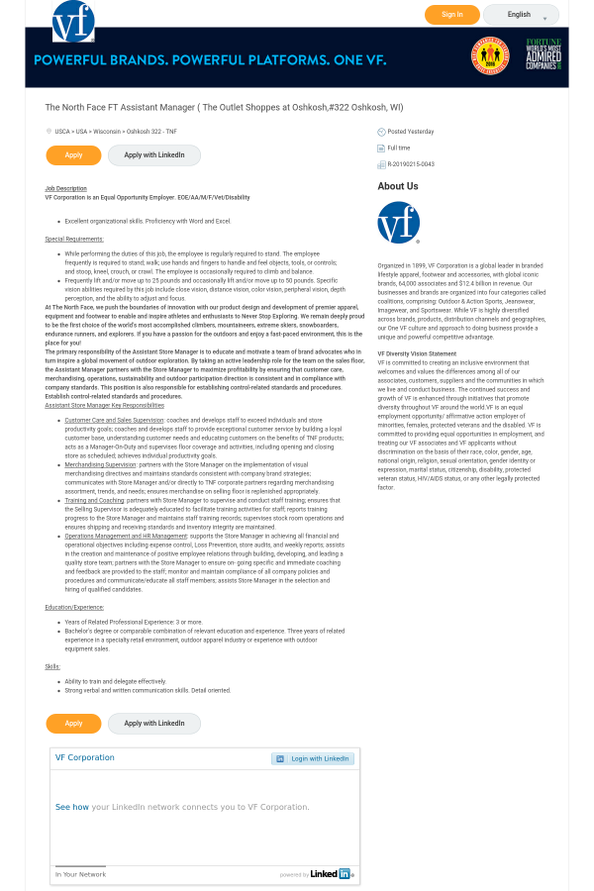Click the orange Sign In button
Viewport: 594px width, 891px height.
click(x=451, y=15)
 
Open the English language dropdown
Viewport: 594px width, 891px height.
click(x=521, y=15)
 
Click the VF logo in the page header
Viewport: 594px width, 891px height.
click(x=73, y=21)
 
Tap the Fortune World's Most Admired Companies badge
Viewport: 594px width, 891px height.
click(x=543, y=54)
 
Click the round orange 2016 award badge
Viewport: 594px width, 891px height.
click(x=490, y=55)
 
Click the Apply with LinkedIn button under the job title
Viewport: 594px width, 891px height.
click(x=153, y=155)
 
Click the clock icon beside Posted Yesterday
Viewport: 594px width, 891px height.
click(x=381, y=132)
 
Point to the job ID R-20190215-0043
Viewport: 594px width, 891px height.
click(x=410, y=164)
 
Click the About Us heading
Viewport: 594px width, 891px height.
click(x=397, y=186)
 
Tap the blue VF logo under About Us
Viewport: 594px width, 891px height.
click(x=398, y=223)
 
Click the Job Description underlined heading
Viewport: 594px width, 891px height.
click(x=65, y=188)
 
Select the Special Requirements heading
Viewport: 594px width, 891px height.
click(x=74, y=239)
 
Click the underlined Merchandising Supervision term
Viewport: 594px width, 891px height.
click(x=100, y=464)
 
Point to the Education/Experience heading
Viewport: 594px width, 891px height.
click(x=74, y=607)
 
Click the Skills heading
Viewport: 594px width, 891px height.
click(x=52, y=666)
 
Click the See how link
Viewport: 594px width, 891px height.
click(x=71, y=807)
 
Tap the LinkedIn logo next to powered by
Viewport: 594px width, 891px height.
click(x=331, y=874)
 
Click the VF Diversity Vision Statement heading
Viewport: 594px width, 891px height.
click(x=417, y=353)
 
